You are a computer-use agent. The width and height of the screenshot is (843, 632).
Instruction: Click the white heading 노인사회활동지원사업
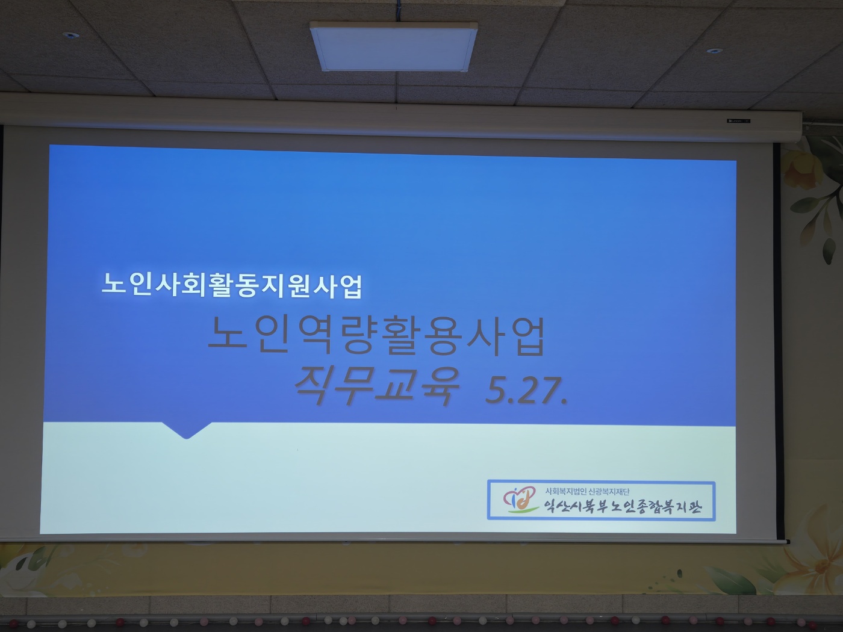click(232, 285)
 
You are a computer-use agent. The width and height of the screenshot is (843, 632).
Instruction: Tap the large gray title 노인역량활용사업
click(377, 336)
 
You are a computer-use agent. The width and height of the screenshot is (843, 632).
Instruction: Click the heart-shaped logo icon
click(519, 497)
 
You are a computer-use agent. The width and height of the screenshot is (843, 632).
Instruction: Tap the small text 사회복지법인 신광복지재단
click(587, 491)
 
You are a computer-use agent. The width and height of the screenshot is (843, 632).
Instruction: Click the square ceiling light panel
click(394, 46)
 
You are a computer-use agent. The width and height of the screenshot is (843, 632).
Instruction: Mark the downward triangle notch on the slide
click(187, 430)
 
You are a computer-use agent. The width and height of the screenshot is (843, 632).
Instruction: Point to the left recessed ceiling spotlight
click(70, 35)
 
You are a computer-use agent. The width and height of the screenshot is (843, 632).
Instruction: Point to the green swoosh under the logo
click(522, 510)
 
